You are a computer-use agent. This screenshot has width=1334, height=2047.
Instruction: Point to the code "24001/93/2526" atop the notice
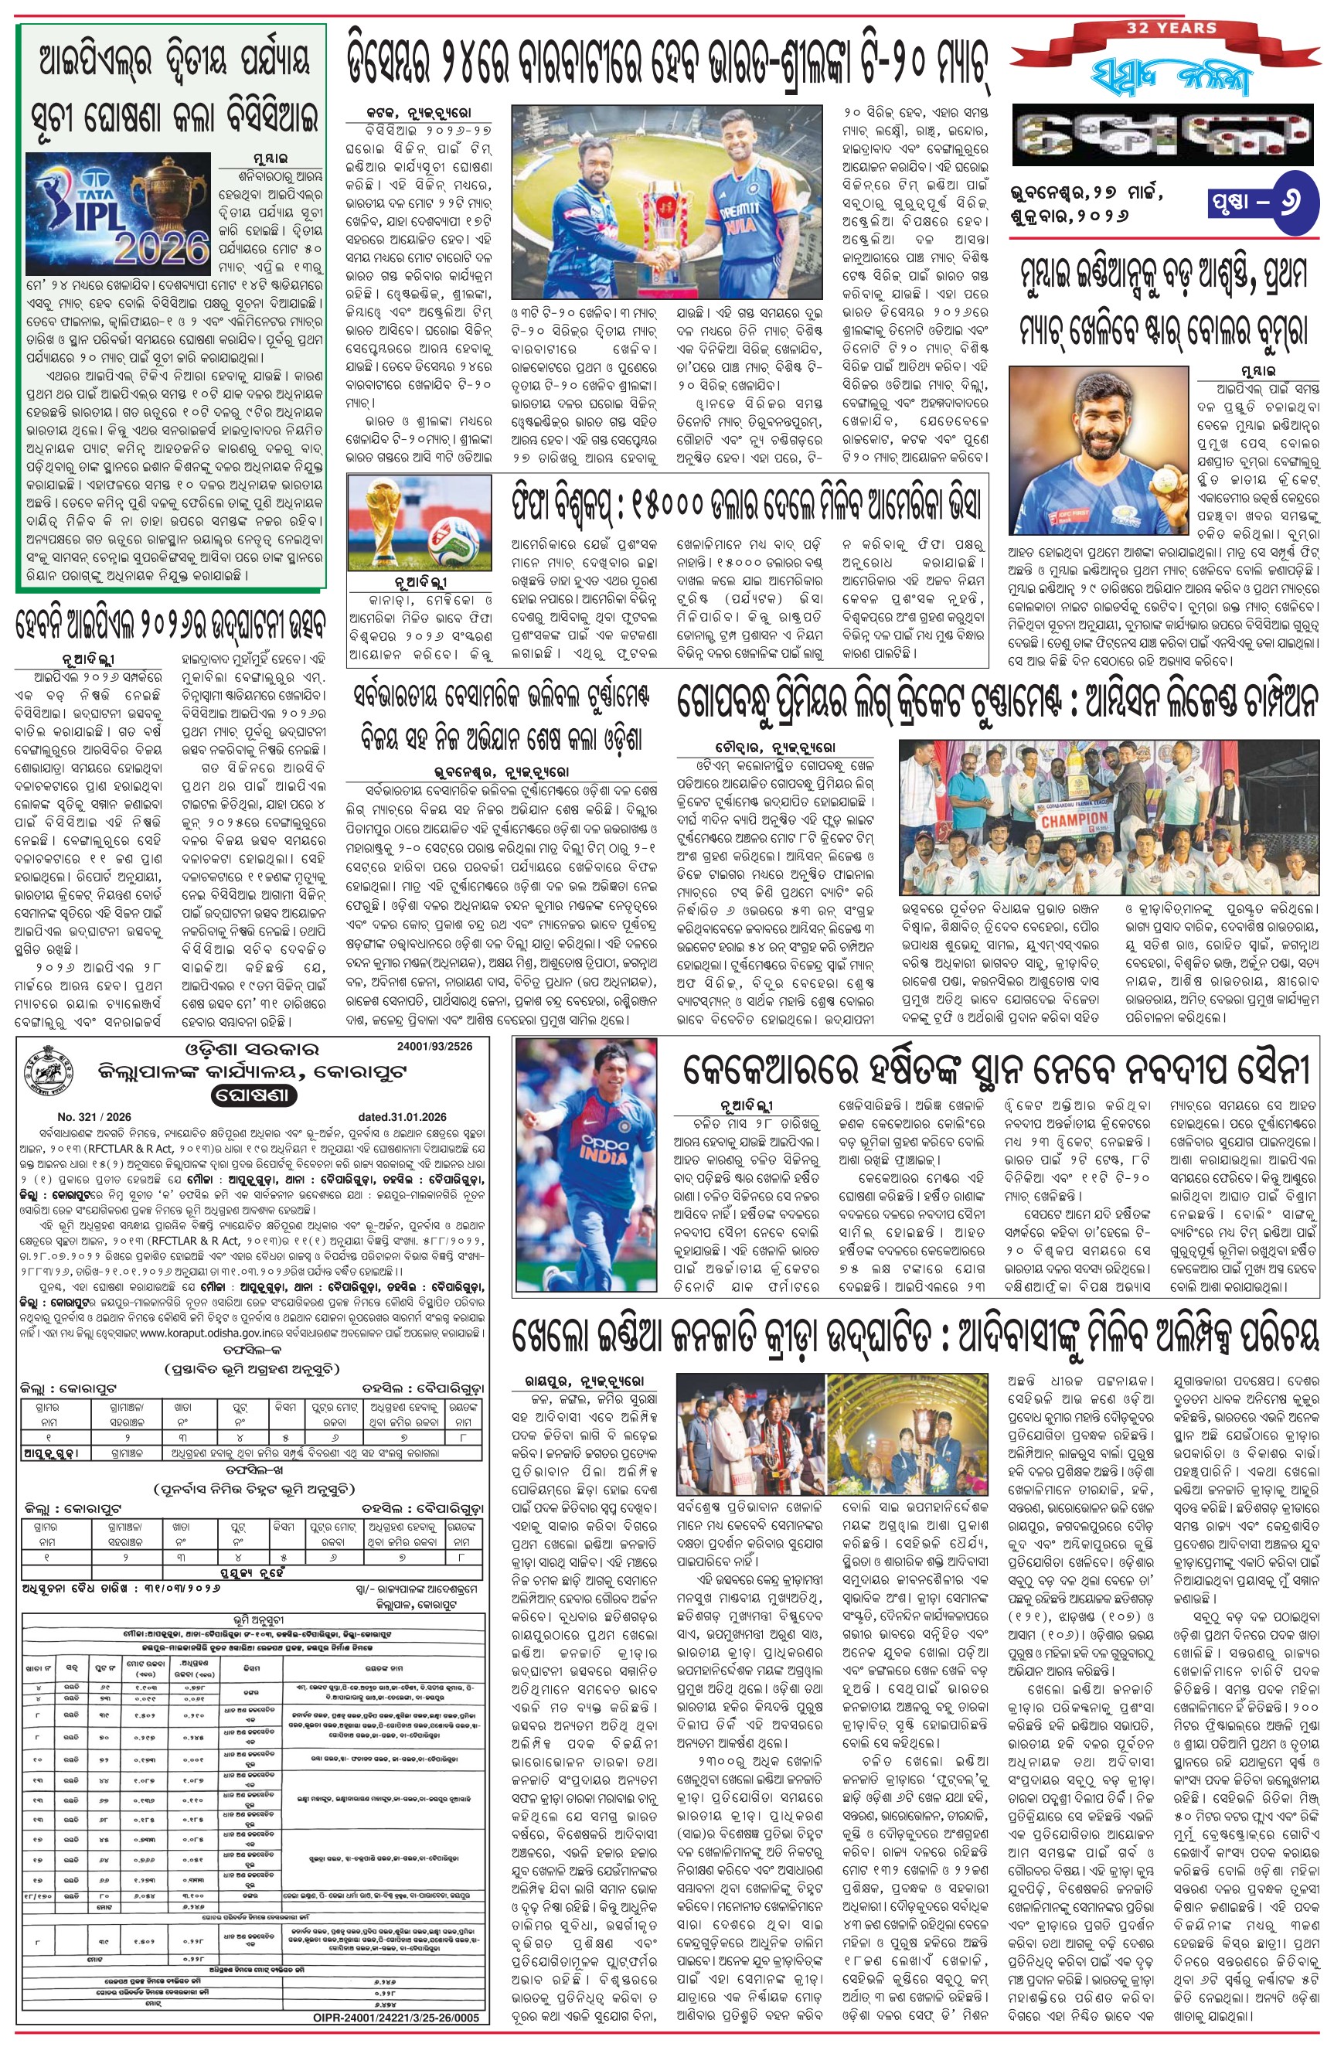tap(434, 1047)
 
